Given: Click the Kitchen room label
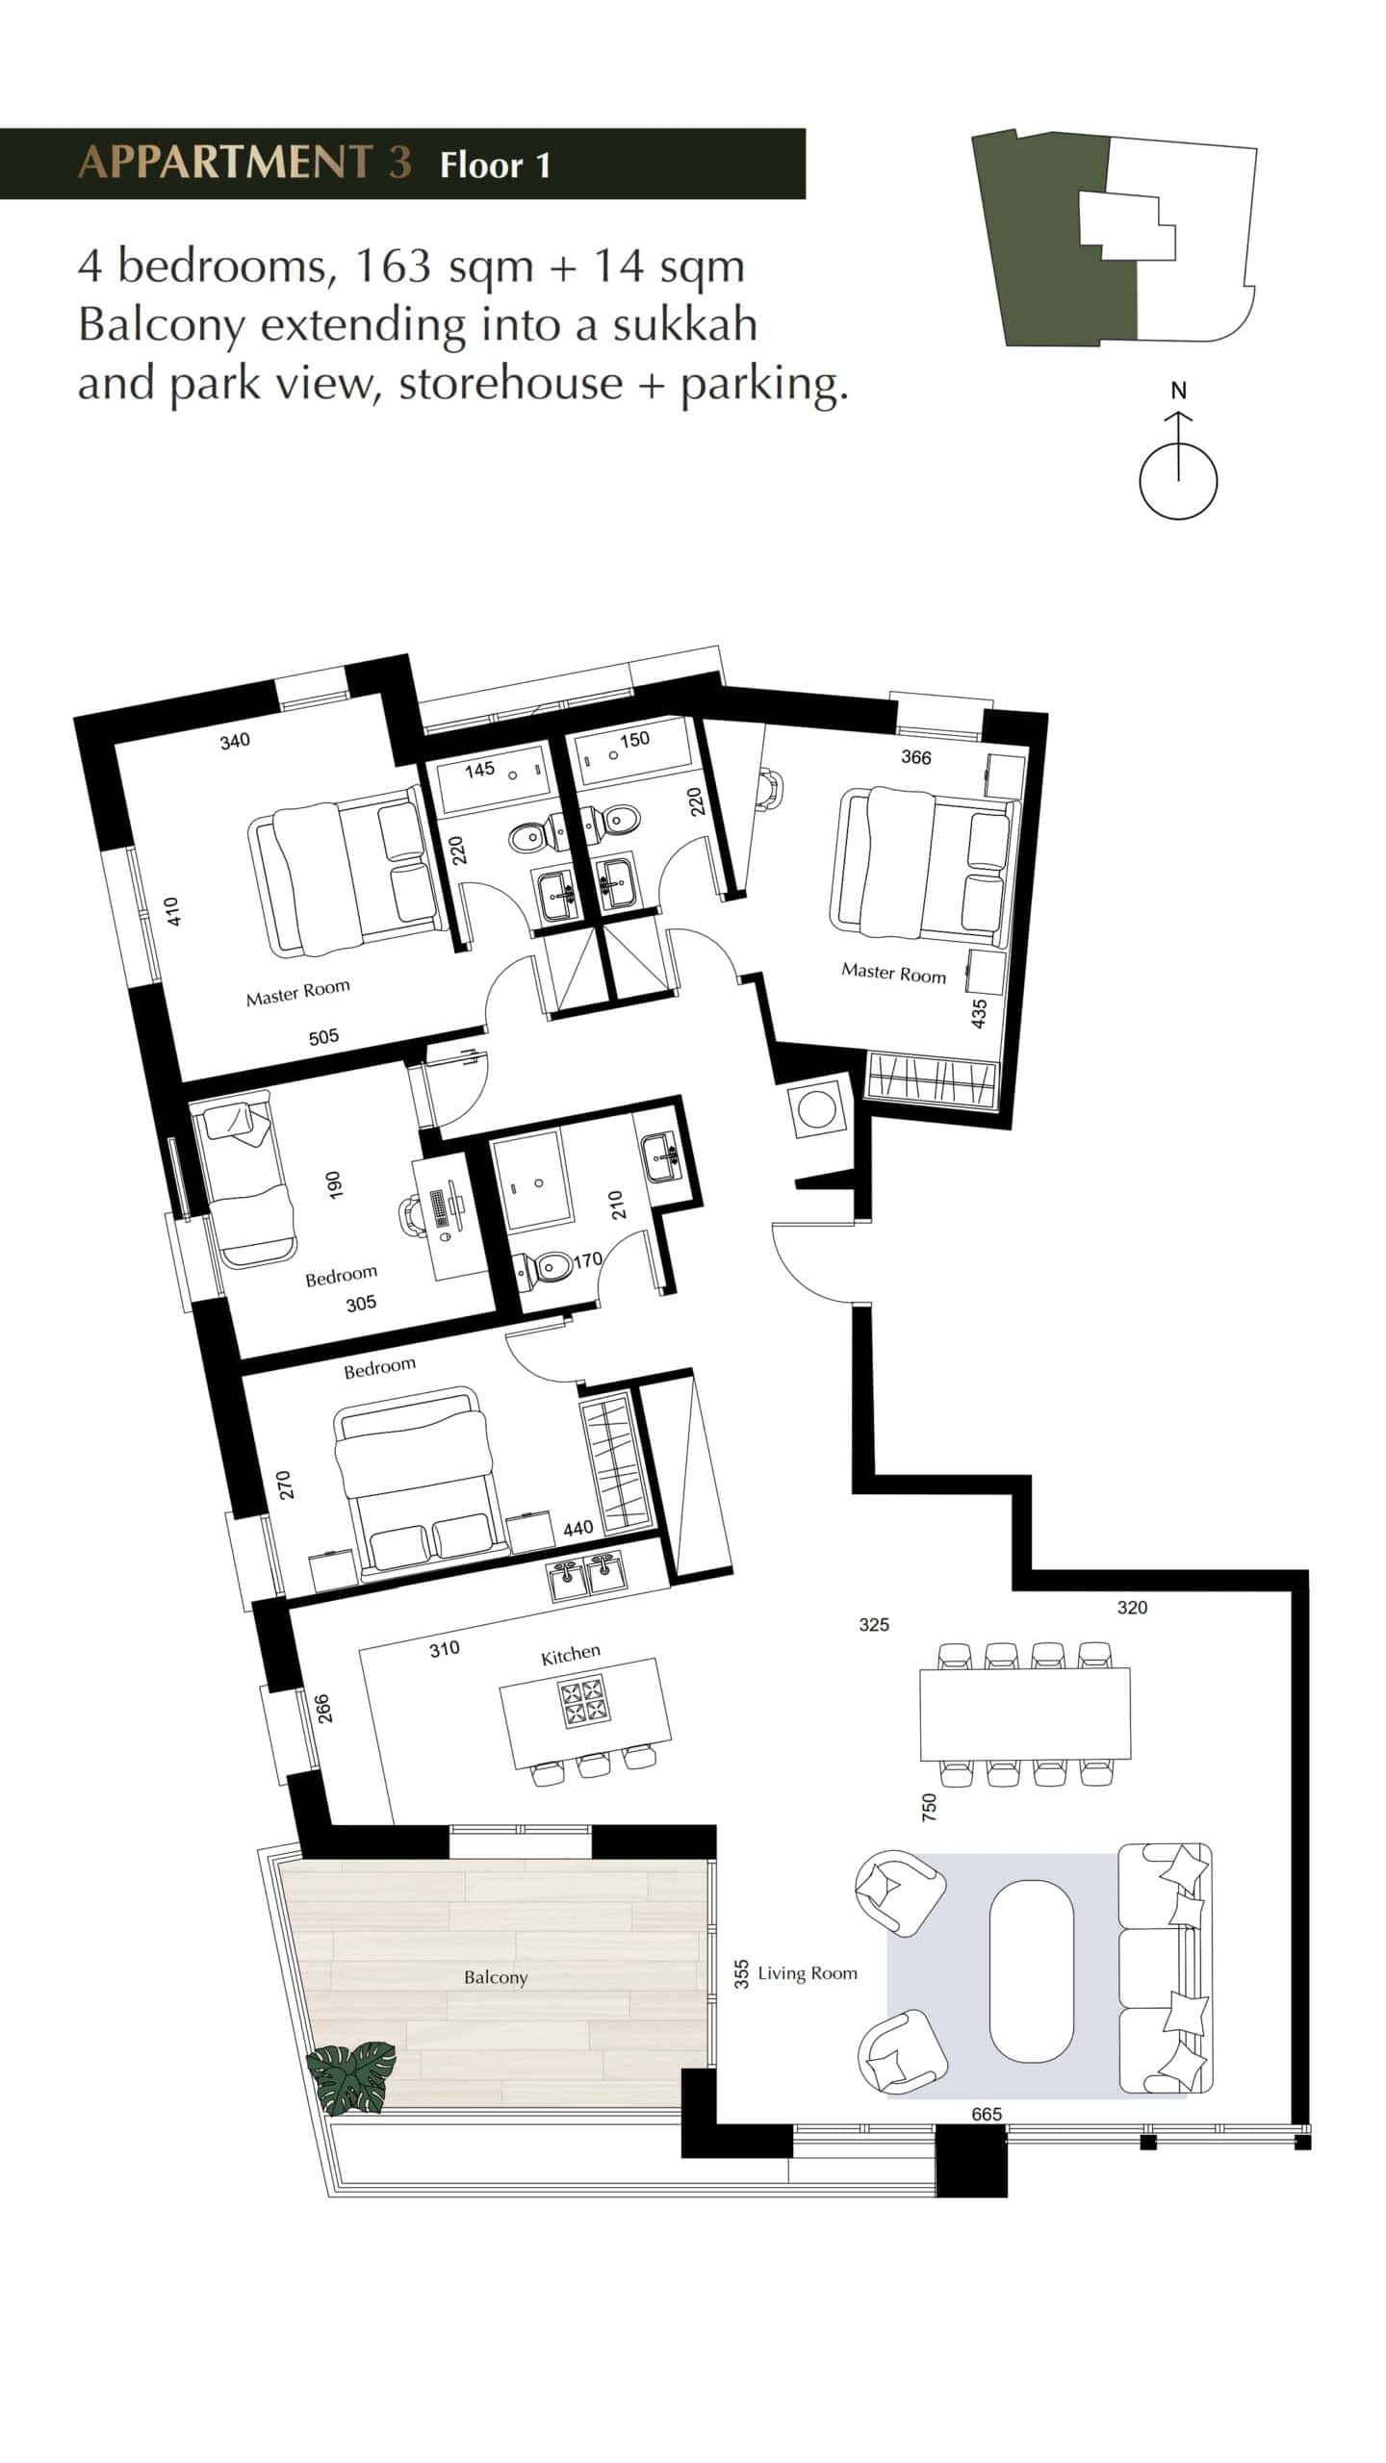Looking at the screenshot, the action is [571, 1654].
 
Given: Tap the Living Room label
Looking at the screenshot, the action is [807, 1973].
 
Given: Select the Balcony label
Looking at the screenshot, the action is [496, 1977].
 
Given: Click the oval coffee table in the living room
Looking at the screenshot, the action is [1032, 1971].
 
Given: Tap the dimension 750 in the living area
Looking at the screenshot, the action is [929, 1806].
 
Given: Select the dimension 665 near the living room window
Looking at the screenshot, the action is [987, 2114].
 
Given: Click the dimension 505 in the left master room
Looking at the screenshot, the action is [323, 1037].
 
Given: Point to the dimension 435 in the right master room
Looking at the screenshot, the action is [980, 1014].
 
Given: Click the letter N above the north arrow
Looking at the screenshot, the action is [1178, 391].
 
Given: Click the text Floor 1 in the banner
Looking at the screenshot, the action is [495, 165].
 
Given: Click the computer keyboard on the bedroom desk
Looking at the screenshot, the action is [440, 1208].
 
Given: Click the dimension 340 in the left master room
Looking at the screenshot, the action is [235, 741].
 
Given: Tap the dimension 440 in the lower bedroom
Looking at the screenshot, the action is [577, 1528].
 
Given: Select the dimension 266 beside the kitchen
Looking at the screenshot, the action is [324, 1708].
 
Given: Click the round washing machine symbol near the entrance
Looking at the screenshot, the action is [817, 1110].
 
